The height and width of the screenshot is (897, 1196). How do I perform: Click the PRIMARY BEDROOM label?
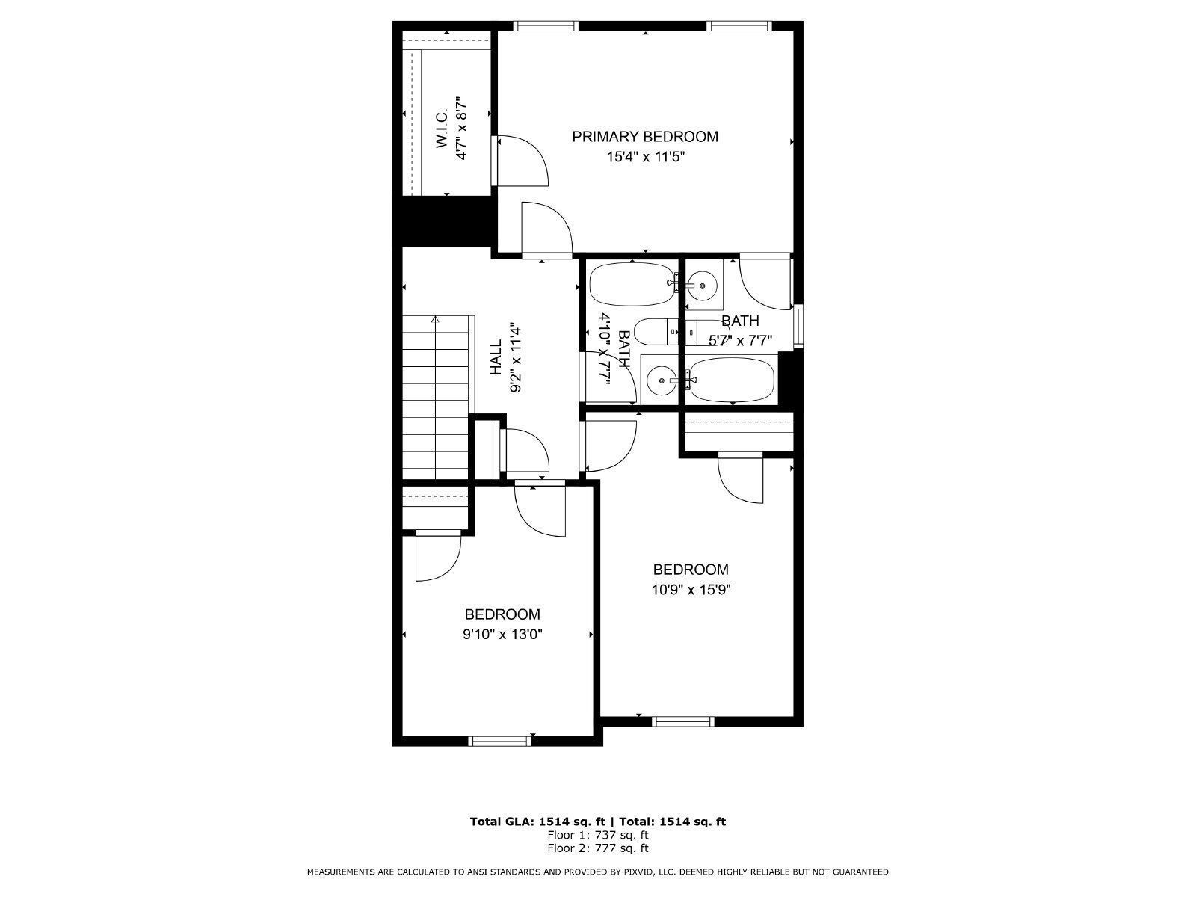coord(644,137)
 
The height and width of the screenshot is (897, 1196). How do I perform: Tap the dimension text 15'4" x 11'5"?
coord(644,157)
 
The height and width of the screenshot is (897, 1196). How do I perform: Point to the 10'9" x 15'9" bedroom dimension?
coord(690,589)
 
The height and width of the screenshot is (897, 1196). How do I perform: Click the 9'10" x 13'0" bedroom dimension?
coord(502,635)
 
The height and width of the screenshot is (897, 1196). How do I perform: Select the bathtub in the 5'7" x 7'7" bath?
coord(731,380)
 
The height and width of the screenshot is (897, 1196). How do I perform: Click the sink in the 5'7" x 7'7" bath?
coord(703,284)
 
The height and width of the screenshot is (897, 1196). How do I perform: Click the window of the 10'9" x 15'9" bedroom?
coord(682,721)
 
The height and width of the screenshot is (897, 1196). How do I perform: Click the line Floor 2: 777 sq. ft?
coord(597,848)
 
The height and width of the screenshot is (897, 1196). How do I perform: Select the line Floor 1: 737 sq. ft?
coord(597,835)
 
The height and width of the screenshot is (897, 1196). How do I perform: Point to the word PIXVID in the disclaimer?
coord(635,872)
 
